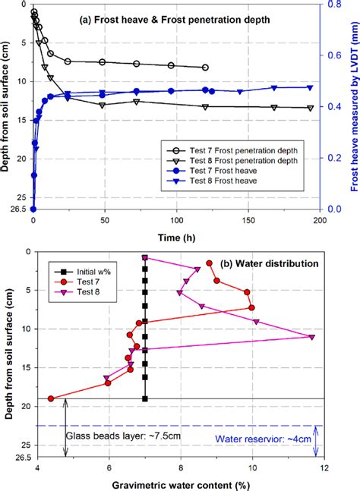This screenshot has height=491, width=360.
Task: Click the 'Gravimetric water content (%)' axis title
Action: click(x=181, y=484)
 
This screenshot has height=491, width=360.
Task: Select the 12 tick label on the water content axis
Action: click(x=325, y=470)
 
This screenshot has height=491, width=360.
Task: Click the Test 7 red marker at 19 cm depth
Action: click(x=51, y=398)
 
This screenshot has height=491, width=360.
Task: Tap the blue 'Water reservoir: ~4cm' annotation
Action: click(x=257, y=439)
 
